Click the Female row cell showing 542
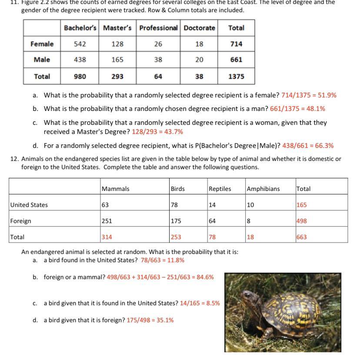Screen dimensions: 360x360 coord(80,44)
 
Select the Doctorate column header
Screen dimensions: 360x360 coord(200,28)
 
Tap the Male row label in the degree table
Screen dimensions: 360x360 coord(42,60)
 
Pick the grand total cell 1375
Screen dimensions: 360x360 coord(236,76)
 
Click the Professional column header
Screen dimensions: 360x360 coord(158,28)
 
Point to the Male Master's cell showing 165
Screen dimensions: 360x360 coord(117,60)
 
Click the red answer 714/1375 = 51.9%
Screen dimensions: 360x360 coord(309,95)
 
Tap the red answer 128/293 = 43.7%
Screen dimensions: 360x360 coord(157,131)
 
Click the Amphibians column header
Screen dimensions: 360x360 coord(263,189)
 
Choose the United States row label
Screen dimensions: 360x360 coord(29,205)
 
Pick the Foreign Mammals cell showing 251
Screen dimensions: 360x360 coord(107,221)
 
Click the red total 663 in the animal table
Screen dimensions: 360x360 coord(302,237)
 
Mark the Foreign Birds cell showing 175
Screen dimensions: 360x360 coord(176,221)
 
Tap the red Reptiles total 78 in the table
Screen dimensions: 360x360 coord(212,237)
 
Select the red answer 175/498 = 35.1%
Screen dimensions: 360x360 coord(150,320)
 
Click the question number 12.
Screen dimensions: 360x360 coord(14,159)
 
